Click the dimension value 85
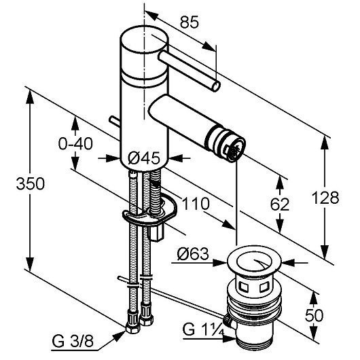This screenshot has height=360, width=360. pos(190,22)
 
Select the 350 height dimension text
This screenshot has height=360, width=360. pos(31,183)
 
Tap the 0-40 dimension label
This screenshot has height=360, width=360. pos(75,144)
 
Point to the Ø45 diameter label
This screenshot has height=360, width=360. pos(144,158)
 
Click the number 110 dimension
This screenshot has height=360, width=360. pos(196,204)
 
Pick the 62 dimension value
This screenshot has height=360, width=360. pos(280,204)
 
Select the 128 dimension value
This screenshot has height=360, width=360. pos(325,198)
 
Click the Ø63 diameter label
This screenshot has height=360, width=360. pos(193,254)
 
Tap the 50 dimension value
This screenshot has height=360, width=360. pos(314,315)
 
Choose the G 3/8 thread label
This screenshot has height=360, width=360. pos(73,341)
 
